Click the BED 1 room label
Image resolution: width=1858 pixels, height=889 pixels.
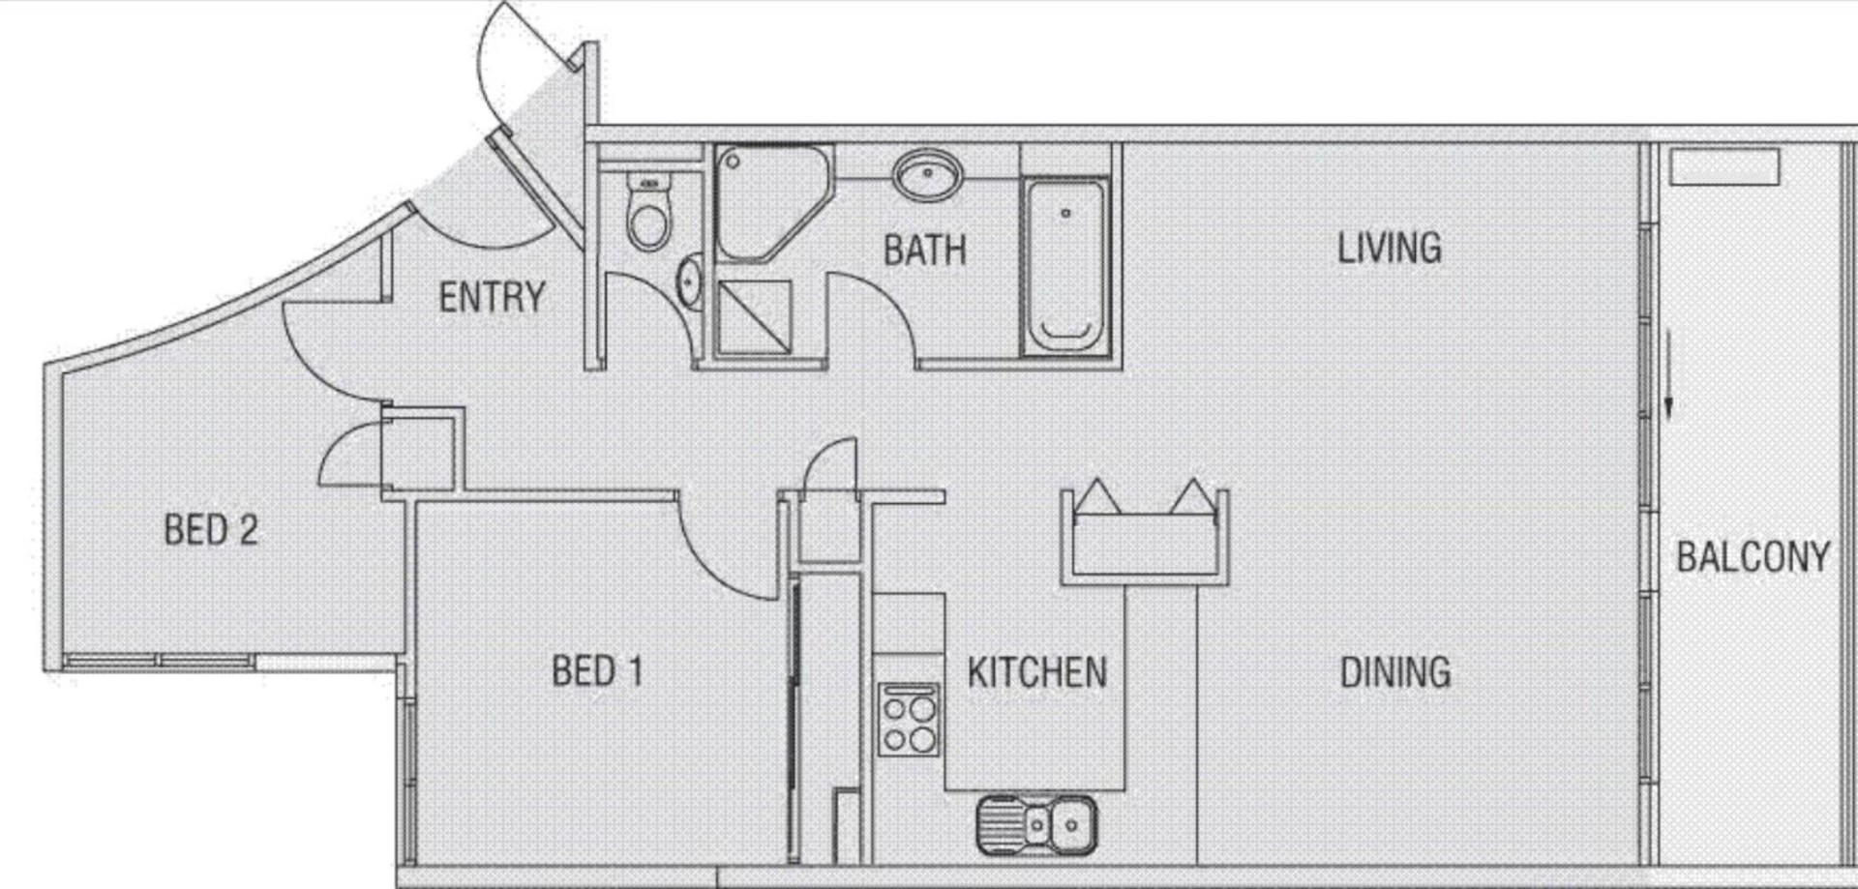(597, 670)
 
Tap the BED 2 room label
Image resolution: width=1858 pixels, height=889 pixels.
(211, 530)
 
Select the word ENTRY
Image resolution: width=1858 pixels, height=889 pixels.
(492, 297)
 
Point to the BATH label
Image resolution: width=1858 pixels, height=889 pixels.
(924, 251)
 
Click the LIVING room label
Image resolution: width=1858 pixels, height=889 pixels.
(1390, 249)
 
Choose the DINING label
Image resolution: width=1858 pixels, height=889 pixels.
(1394, 671)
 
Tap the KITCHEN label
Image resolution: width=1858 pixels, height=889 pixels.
(1037, 672)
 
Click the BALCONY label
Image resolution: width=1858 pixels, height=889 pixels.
(1753, 557)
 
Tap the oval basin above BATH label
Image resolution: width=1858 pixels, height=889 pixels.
(927, 176)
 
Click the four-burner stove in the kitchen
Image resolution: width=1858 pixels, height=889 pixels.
(909, 719)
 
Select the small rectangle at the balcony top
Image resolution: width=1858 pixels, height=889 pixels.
(1724, 167)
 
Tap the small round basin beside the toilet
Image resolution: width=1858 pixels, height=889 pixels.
(690, 281)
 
